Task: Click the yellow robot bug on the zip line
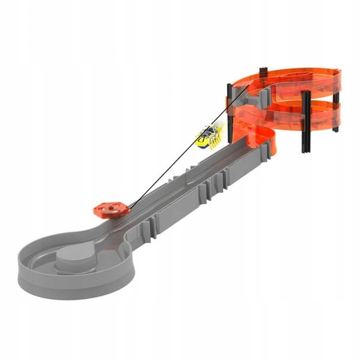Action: coord(208,135)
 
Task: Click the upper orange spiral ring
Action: coord(290,80)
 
